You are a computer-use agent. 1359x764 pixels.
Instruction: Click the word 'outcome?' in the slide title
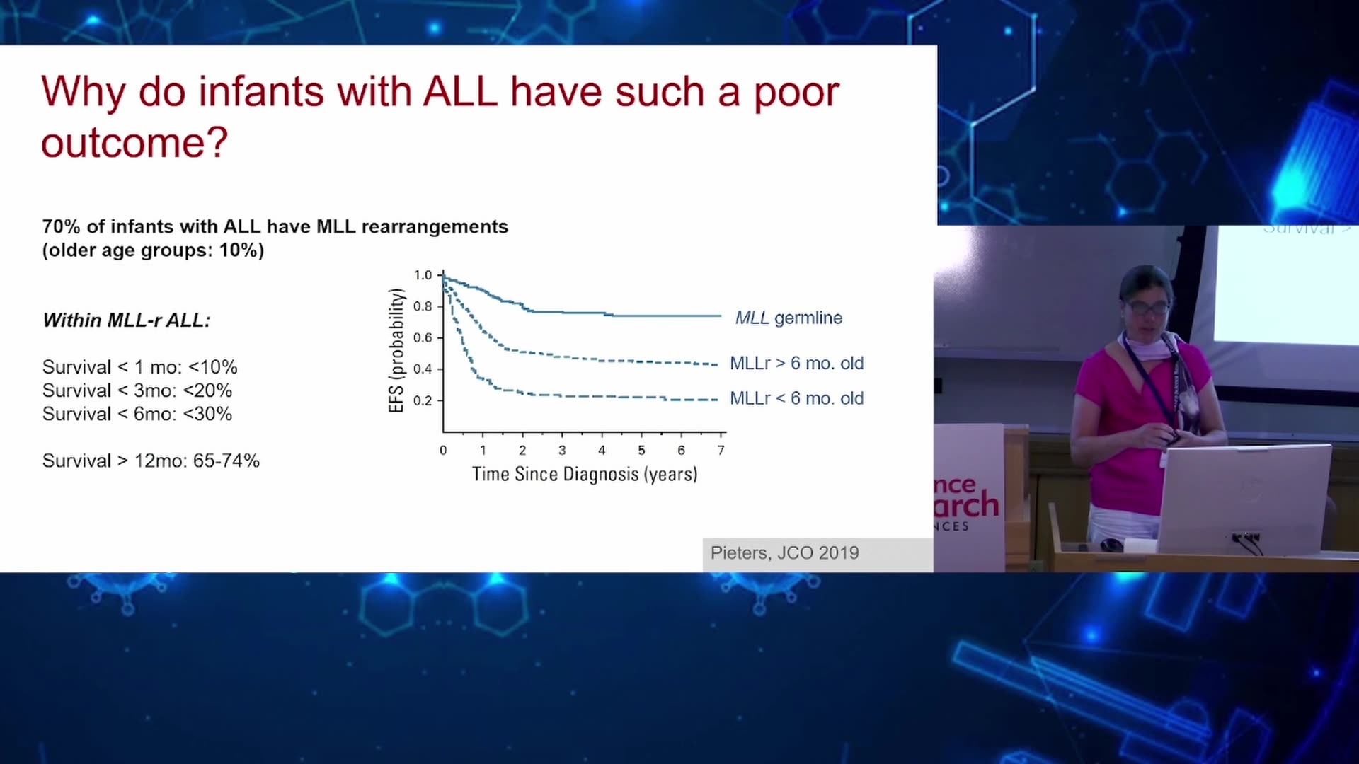pyautogui.click(x=134, y=144)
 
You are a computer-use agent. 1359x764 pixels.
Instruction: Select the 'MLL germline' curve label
pyautogui.click(x=789, y=318)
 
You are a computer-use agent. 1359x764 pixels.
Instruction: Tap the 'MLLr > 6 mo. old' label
pyautogui.click(x=796, y=363)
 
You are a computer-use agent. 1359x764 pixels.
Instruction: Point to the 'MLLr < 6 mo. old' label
pyautogui.click(x=796, y=398)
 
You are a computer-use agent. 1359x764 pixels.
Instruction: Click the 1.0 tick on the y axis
pyautogui.click(x=423, y=275)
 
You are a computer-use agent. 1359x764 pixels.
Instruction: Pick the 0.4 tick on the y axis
pyautogui.click(x=423, y=369)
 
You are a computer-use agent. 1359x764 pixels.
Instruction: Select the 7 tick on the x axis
pyautogui.click(x=721, y=450)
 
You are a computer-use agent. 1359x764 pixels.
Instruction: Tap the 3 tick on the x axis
pyautogui.click(x=562, y=450)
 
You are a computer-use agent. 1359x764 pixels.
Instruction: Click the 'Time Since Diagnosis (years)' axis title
pyautogui.click(x=585, y=474)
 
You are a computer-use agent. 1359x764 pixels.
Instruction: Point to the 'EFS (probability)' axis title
pyautogui.click(x=396, y=351)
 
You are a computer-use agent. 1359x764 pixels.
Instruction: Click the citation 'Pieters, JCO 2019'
pyautogui.click(x=784, y=553)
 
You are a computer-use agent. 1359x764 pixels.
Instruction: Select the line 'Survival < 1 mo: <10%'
pyautogui.click(x=139, y=367)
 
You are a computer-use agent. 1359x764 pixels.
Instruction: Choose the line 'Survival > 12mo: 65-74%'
pyautogui.click(x=151, y=461)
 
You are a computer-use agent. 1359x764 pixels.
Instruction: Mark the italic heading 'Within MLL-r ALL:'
pyautogui.click(x=127, y=320)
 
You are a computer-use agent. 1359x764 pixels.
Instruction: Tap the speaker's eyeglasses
pyautogui.click(x=1146, y=308)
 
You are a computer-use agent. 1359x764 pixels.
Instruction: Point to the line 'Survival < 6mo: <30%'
pyautogui.click(x=137, y=414)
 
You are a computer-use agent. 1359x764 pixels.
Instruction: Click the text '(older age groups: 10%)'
pyautogui.click(x=153, y=250)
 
